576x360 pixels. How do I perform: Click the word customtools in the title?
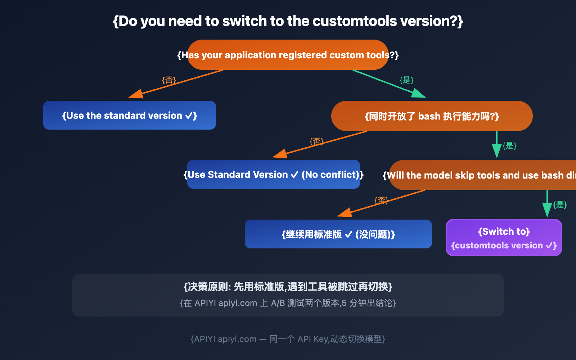click(355, 21)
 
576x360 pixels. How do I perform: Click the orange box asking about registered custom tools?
click(288, 55)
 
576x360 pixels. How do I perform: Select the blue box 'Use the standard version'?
click(130, 116)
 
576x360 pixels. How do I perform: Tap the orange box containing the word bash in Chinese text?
click(432, 116)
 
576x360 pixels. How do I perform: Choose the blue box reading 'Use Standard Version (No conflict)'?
click(274, 175)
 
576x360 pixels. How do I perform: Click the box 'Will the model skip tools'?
click(482, 175)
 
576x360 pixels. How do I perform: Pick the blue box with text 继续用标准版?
click(338, 234)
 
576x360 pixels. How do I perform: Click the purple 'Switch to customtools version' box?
click(504, 238)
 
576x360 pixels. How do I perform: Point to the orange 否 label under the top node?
click(169, 80)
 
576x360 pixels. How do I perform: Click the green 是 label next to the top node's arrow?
click(406, 80)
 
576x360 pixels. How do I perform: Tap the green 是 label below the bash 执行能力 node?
click(509, 145)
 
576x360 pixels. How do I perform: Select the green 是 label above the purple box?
click(560, 204)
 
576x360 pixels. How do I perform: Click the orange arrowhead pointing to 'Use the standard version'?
click(136, 94)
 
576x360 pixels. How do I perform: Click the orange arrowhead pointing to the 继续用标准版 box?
click(345, 213)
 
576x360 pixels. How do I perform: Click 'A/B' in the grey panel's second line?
click(278, 303)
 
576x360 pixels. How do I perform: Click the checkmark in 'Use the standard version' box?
click(189, 116)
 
